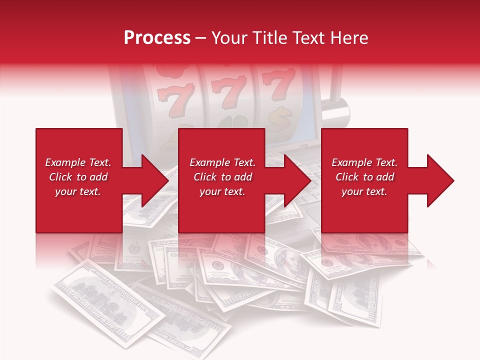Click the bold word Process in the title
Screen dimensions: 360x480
pos(157,38)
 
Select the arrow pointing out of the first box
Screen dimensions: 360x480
pos(148,180)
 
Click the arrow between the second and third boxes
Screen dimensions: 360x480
pos(290,180)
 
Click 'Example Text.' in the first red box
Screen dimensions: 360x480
pos(78,162)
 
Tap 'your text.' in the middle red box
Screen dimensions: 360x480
pos(222,191)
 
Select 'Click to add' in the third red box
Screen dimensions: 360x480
pos(364,177)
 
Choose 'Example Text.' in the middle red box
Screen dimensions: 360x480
pos(222,162)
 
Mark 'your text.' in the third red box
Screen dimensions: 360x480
pos(364,191)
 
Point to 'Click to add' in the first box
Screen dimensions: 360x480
pos(78,177)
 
